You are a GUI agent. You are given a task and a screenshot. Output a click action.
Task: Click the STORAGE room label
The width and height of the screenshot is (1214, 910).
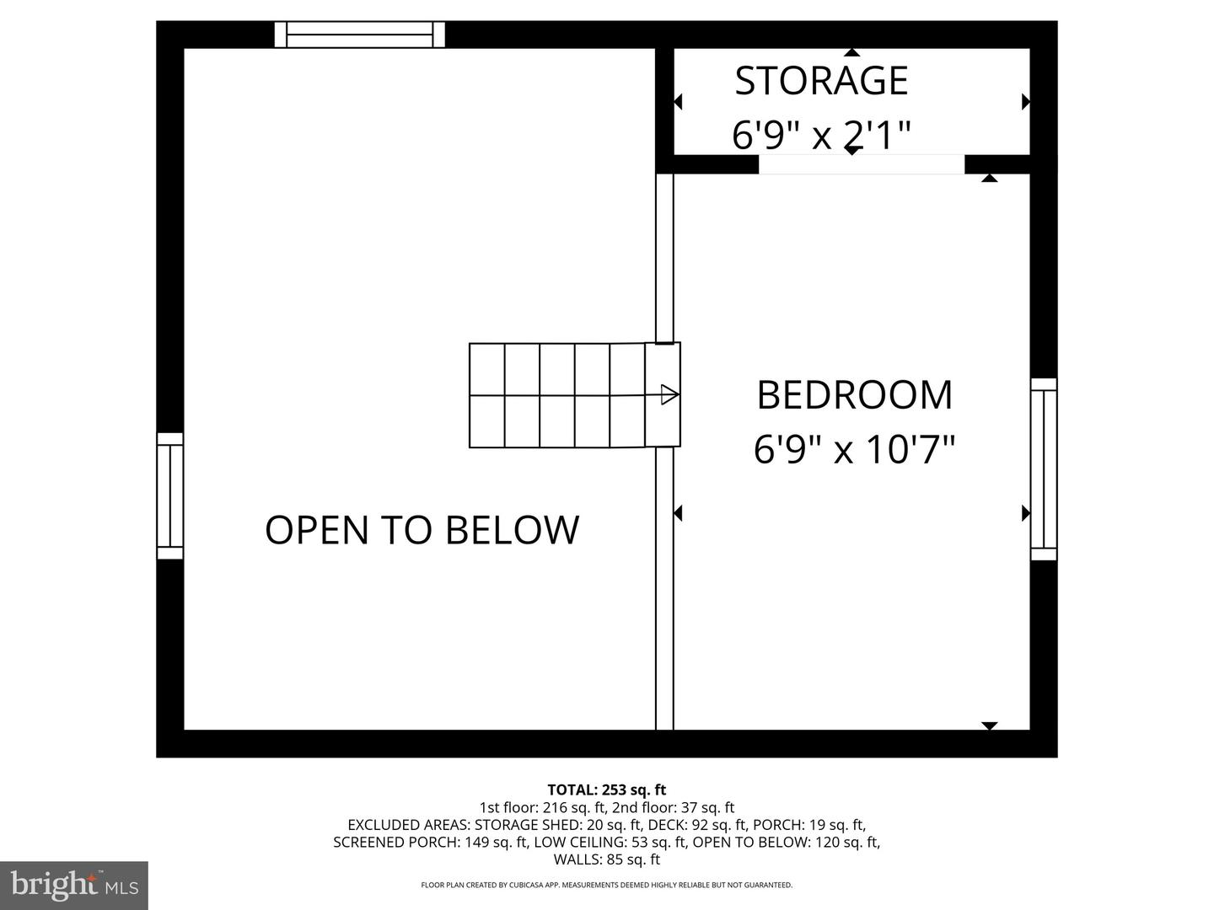pyautogui.click(x=821, y=81)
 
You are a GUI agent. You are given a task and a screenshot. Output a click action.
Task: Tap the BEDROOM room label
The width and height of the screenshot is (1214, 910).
pyautogui.click(x=854, y=395)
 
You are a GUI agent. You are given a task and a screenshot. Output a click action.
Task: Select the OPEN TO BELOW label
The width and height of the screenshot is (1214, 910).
pyautogui.click(x=422, y=530)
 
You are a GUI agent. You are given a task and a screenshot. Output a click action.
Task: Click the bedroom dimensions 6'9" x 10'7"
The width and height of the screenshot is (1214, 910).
pyautogui.click(x=854, y=449)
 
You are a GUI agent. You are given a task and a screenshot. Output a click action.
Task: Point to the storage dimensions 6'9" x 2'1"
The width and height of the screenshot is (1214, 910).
pyautogui.click(x=821, y=135)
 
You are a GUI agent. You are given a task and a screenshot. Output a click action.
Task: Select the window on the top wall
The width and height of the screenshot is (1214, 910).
pyautogui.click(x=360, y=35)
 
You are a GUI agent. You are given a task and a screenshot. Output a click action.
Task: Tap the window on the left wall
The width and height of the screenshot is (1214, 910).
pyautogui.click(x=170, y=496)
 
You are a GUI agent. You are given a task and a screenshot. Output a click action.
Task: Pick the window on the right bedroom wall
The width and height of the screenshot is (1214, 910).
pyautogui.click(x=1044, y=469)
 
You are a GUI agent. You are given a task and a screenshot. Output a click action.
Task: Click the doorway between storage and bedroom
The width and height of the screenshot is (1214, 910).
pyautogui.click(x=861, y=164)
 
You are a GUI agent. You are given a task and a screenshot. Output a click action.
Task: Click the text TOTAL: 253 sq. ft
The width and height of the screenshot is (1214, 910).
pyautogui.click(x=606, y=790)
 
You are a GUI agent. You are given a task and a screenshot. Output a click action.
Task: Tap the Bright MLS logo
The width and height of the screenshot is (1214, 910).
pyautogui.click(x=74, y=885)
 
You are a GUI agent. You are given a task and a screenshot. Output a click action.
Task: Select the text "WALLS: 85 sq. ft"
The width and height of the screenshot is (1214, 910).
pyautogui.click(x=606, y=860)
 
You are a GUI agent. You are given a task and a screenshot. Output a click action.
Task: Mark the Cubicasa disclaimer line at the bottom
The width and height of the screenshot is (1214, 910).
pyautogui.click(x=606, y=886)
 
